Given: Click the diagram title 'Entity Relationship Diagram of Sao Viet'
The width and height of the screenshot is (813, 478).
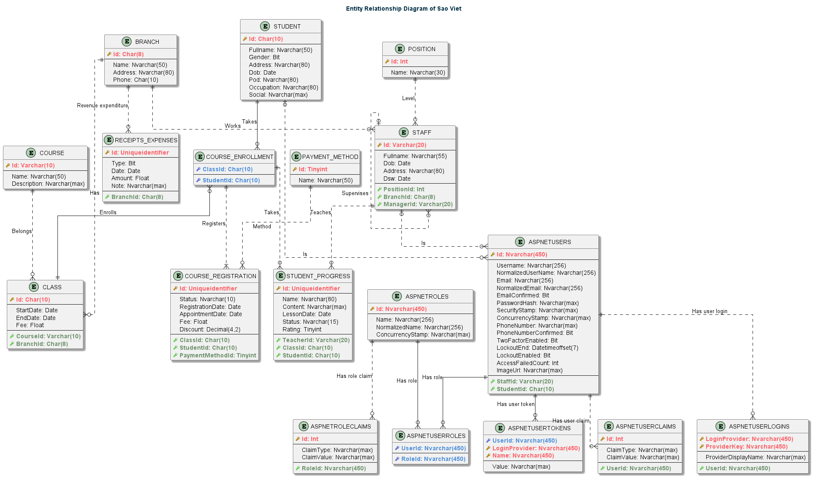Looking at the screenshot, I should tap(404, 9).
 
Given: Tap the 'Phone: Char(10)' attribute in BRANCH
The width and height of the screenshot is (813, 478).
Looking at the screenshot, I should tap(135, 80).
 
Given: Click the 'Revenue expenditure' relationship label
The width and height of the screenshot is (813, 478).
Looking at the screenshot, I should tap(102, 105).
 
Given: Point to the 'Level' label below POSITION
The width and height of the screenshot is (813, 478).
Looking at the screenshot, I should tap(408, 98).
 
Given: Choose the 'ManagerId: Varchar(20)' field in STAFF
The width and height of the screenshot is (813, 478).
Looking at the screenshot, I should tap(418, 204).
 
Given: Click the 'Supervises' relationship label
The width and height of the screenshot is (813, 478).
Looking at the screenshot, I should tap(355, 193).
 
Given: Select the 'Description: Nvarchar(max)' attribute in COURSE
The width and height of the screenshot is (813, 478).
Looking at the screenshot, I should tap(48, 184).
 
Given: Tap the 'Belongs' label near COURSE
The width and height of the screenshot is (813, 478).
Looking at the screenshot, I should tap(22, 231).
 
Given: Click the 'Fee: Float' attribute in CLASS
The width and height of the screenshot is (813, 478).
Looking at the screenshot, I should tap(30, 325).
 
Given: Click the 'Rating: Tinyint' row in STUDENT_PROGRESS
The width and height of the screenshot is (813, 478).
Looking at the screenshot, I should tap(302, 329).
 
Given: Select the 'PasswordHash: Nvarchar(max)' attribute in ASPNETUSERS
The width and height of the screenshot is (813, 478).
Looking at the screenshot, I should tap(537, 303).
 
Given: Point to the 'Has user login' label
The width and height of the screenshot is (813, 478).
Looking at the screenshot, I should tap(709, 311).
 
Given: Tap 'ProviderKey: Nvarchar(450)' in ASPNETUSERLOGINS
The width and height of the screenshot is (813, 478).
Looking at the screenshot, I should tap(746, 446).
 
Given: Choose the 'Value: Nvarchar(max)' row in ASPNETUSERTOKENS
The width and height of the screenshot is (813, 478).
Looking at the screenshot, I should tap(521, 466).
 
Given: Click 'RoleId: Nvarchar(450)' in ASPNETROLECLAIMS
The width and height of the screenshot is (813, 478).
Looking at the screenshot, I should tap(333, 468).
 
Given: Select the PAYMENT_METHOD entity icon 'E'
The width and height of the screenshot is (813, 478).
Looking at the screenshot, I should tap(297, 157).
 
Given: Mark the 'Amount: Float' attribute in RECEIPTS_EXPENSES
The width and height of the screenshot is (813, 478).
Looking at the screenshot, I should tap(130, 178).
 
